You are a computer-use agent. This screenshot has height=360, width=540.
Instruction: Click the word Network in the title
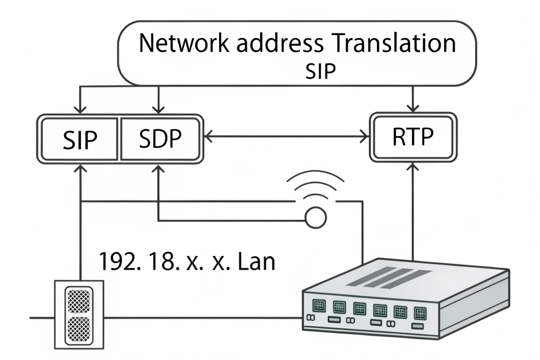click(x=184, y=43)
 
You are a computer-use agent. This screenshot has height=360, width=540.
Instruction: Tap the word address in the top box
click(x=280, y=43)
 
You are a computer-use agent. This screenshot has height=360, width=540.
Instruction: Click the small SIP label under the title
click(x=320, y=71)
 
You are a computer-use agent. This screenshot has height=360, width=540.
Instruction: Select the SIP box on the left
click(x=80, y=139)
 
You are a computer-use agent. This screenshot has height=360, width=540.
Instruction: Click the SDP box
click(x=160, y=138)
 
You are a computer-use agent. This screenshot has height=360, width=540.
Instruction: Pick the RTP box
click(x=413, y=137)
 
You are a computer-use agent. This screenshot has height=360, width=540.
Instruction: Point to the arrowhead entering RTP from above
click(x=413, y=108)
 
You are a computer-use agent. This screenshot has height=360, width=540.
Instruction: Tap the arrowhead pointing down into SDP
click(x=158, y=109)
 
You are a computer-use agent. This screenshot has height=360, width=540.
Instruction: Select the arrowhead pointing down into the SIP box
click(x=81, y=109)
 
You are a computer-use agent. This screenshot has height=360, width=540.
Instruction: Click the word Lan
click(x=256, y=262)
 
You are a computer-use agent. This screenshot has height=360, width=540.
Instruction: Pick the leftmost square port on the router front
click(x=318, y=305)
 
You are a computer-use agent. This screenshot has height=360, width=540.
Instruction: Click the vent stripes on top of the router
click(x=389, y=277)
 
